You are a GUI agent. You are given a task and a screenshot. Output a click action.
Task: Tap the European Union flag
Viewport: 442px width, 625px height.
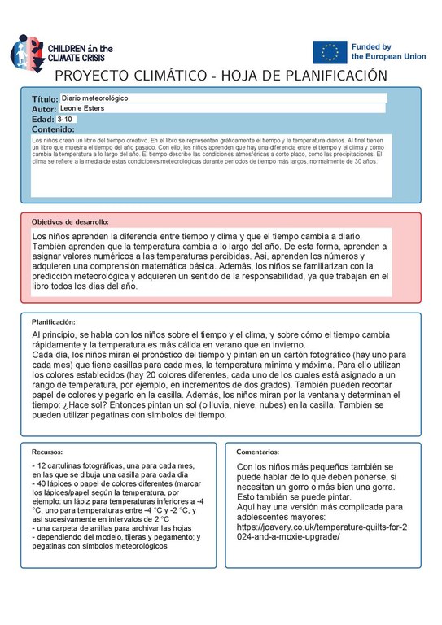(x=330, y=52)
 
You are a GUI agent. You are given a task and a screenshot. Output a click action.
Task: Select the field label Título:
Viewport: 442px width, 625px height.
(x=46, y=98)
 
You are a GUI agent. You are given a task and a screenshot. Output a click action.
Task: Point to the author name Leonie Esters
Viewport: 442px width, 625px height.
(x=85, y=108)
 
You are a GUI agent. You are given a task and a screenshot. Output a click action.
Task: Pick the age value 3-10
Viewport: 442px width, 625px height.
(x=66, y=119)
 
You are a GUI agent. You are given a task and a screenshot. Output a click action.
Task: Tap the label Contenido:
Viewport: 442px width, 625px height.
(x=53, y=129)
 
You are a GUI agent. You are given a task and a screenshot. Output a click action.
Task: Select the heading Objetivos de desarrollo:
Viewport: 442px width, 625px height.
(x=70, y=222)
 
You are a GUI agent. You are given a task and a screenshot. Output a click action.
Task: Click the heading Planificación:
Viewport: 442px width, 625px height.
(x=54, y=322)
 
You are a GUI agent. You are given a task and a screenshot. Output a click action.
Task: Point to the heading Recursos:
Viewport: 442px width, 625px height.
(x=47, y=452)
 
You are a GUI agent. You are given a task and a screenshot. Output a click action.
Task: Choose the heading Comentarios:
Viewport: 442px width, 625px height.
(x=259, y=452)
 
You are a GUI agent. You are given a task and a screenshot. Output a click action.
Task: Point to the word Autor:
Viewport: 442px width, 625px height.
(x=44, y=108)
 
